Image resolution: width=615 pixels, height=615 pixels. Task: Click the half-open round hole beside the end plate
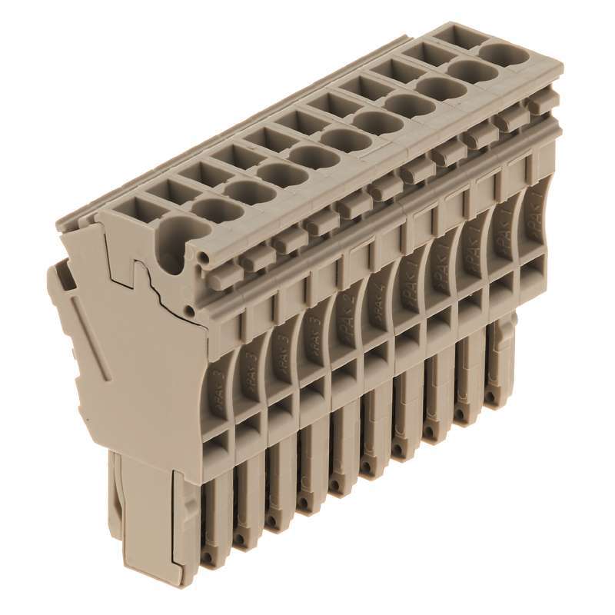pyautogui.click(x=176, y=231)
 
